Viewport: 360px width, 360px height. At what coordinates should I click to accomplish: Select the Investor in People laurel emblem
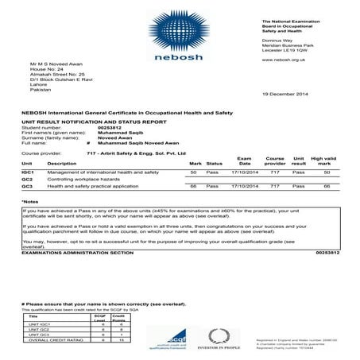click(x=223, y=337)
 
